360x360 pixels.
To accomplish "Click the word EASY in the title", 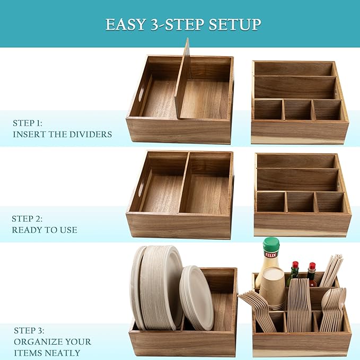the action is (x=126, y=24).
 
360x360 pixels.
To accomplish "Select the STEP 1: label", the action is (x=28, y=123).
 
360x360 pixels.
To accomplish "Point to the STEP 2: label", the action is (x=27, y=219).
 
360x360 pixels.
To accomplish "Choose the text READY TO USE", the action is (x=45, y=230).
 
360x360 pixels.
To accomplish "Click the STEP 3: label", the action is (x=29, y=331).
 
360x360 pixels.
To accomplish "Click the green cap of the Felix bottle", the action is (x=271, y=244).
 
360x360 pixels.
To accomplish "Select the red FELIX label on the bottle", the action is (x=271, y=254).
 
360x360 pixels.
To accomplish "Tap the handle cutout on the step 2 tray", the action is (x=141, y=189).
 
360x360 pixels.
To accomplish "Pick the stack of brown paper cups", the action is (x=273, y=288).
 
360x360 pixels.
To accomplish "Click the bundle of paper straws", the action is (x=331, y=271).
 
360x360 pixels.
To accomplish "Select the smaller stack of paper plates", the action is (x=197, y=298).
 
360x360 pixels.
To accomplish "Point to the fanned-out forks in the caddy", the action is (x=258, y=310).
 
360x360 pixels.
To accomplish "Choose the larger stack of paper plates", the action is (x=156, y=287).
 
